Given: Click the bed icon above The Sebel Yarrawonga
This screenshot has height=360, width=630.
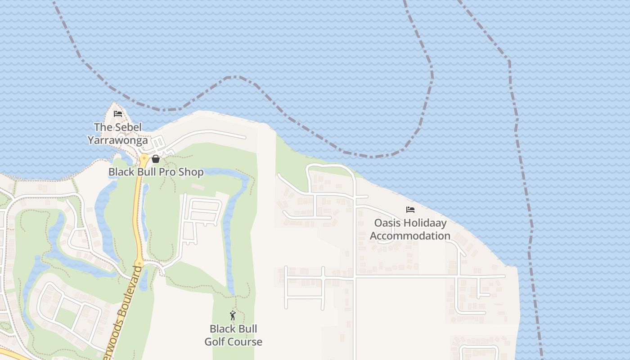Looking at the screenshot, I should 118,113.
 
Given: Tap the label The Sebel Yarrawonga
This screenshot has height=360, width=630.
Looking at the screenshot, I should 118,134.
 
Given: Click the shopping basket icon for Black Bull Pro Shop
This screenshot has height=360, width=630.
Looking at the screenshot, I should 156,159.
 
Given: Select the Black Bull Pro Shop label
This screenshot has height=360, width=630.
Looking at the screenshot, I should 156,172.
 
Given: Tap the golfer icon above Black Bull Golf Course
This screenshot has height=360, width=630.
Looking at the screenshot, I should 233,315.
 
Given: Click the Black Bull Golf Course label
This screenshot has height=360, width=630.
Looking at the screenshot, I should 233,335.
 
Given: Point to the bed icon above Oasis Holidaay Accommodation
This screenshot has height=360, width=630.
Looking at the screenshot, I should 410,210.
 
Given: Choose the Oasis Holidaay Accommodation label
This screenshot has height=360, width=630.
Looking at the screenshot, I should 410,229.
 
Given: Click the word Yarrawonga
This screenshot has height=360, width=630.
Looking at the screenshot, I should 118,140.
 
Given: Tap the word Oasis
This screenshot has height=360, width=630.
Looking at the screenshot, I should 388,223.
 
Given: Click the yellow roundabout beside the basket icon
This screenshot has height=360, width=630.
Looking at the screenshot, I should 144,159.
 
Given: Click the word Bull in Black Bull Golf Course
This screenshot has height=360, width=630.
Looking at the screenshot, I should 247,329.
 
